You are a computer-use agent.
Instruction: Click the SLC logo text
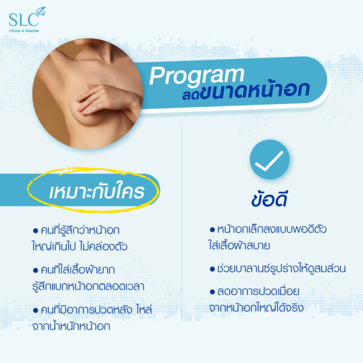point(24,20)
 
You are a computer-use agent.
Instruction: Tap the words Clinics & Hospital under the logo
point(24,31)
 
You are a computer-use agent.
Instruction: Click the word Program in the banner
point(197,76)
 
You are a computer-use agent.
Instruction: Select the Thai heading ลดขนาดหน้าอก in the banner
point(246,91)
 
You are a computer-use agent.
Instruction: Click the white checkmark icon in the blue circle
point(269,161)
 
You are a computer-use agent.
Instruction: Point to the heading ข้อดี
point(269,199)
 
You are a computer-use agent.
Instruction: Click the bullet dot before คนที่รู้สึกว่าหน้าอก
point(36,231)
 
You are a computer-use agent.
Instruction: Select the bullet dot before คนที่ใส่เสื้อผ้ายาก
point(36,270)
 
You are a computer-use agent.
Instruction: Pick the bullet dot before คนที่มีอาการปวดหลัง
point(36,310)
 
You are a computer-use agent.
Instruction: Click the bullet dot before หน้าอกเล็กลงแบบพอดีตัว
point(212,230)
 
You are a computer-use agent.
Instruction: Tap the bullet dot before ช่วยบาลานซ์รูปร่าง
point(212,269)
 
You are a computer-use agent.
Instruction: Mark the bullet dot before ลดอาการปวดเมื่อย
point(212,292)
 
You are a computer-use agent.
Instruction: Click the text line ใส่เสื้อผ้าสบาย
point(240,246)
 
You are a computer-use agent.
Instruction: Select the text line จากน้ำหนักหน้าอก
point(71,326)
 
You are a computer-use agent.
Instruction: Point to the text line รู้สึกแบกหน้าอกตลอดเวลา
point(88,286)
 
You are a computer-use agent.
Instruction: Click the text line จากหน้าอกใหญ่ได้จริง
point(257,308)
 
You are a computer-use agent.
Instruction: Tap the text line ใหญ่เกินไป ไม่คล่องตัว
point(80,246)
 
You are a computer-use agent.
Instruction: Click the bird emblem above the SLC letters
point(41,11)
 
